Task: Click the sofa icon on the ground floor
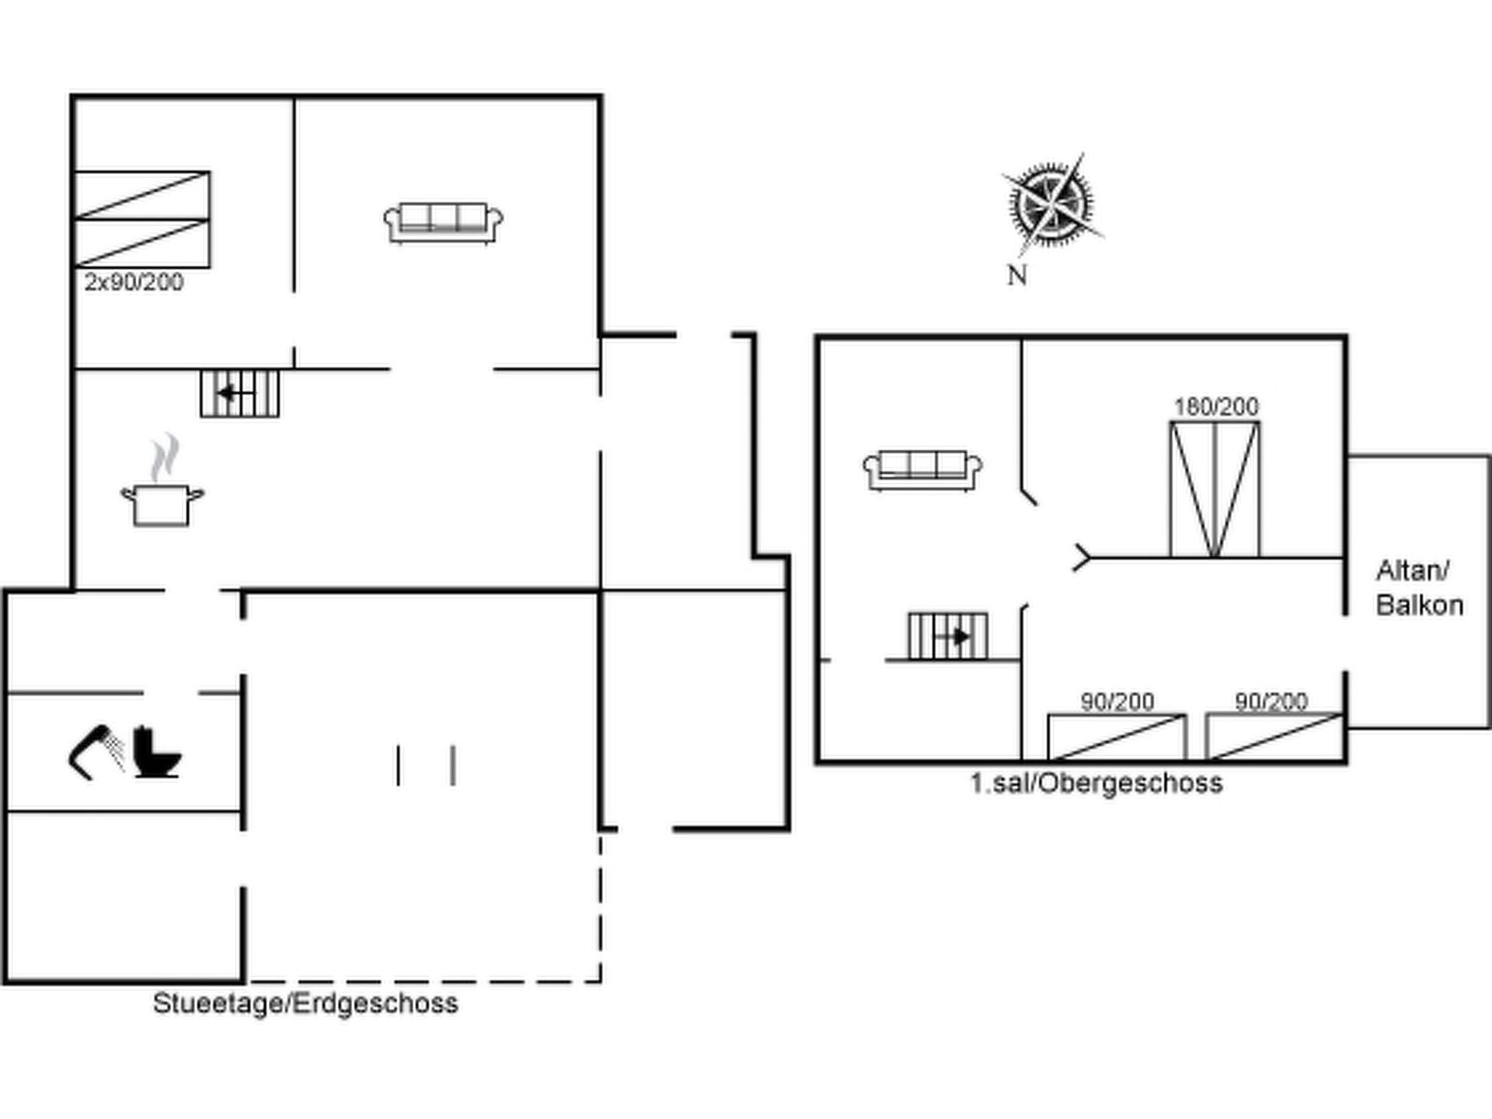coord(444,224)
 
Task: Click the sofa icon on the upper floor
coord(922,470)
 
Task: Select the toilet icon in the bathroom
coord(157,751)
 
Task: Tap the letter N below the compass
coord(1017,275)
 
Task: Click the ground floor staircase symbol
coord(239,393)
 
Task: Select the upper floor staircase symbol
coord(948,636)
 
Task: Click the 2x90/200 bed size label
coord(134,281)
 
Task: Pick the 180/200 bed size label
coord(1216,406)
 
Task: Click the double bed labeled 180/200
coord(1215,490)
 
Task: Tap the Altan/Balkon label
coord(1419,588)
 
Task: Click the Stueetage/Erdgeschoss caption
coord(305,1003)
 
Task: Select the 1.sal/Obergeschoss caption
coord(1096,783)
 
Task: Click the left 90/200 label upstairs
coord(1117,702)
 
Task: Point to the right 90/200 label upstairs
coord(1271,702)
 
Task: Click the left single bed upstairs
coord(1117,737)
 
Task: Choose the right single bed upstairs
coord(1274,737)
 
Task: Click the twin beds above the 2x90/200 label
coord(142,219)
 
